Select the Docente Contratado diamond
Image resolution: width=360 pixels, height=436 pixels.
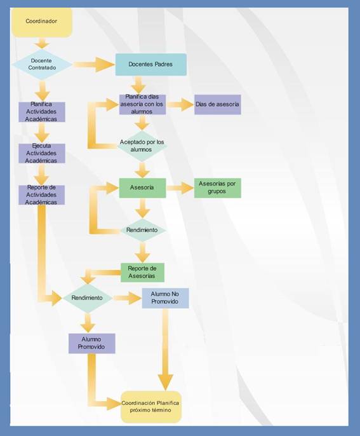pos(42,64)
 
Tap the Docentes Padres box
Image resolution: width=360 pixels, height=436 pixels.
pos(151,65)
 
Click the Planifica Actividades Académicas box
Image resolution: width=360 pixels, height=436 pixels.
pos(42,112)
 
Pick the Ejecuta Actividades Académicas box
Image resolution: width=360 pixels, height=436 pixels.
pos(42,153)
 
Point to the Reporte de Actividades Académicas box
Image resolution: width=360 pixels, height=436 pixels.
pos(42,195)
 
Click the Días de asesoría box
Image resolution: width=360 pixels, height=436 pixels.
pos(218,104)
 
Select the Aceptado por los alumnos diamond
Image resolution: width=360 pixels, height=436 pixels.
pos(142,146)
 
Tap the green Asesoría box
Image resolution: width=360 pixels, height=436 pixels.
pos(142,188)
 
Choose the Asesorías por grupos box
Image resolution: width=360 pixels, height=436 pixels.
pos(218,188)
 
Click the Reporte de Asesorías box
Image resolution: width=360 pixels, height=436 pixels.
pos(142,273)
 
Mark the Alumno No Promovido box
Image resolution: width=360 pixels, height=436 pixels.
pos(165,298)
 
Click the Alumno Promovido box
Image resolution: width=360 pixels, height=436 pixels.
pos(91,343)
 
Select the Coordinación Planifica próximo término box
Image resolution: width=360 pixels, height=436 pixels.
pos(151,407)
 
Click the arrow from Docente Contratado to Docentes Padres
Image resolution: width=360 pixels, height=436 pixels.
pos(94,65)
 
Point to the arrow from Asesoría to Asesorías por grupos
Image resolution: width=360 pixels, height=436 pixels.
pos(180,188)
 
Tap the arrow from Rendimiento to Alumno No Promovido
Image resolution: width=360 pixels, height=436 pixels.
pos(127,298)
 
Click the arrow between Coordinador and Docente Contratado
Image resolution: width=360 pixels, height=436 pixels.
pos(42,43)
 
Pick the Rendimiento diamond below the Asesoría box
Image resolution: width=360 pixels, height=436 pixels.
pos(143,230)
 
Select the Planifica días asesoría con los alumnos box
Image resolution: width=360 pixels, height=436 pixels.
pos(142,104)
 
